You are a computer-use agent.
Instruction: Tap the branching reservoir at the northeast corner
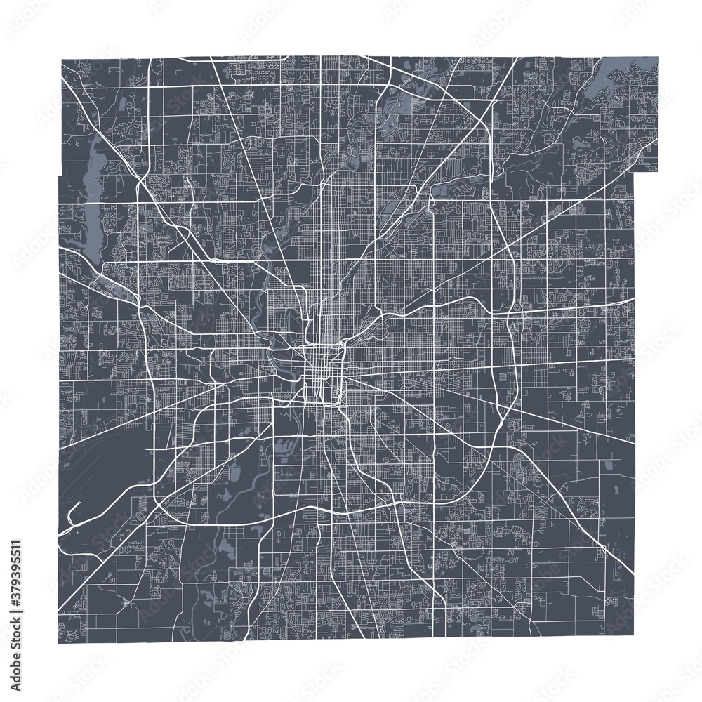pyautogui.click(x=618, y=77)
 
